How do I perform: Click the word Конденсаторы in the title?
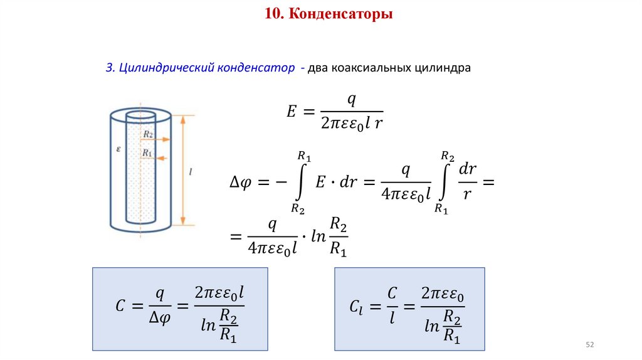341,13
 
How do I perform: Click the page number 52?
589,346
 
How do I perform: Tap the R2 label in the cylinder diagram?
148,134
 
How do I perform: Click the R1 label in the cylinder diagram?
147,152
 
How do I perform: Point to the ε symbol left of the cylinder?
118,149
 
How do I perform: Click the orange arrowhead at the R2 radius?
166,140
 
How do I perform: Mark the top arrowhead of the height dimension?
183,119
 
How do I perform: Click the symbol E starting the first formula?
291,111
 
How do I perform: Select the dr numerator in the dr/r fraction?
468,169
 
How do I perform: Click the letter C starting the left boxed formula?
121,306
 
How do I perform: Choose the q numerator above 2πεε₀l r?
352,98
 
